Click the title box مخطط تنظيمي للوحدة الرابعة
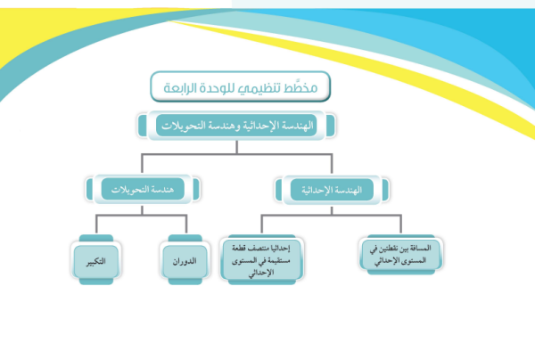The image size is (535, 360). tap(240, 86)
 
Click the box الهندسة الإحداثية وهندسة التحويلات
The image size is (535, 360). tap(236, 126)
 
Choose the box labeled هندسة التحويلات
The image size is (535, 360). tap(143, 189)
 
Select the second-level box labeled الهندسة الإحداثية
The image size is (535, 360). tap(332, 190)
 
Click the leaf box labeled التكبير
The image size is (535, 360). tap(96, 260)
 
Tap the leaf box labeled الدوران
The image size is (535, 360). tap(185, 260)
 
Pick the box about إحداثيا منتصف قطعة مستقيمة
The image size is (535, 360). tap(261, 260)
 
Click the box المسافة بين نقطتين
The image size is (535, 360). tap(401, 255)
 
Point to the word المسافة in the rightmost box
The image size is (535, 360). tap(419, 248)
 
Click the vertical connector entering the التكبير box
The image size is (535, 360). tap(96, 225)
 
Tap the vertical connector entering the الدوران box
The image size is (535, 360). tap(186, 225)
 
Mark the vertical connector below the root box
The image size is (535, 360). tap(237, 147)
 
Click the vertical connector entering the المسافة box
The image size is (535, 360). tap(401, 225)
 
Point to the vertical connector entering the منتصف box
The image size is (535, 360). tap(261, 225)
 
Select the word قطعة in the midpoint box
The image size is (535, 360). tap(239, 249)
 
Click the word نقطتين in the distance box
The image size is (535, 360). tap(385, 249)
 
